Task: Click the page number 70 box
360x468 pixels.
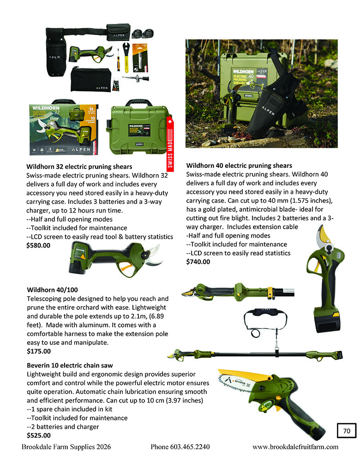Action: [347, 431]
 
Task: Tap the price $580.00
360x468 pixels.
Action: [39, 246]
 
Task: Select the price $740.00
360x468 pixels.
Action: [198, 262]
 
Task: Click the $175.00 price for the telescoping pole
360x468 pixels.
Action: [39, 351]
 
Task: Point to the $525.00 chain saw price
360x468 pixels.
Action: [39, 435]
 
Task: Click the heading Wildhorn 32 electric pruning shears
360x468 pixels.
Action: [79, 166]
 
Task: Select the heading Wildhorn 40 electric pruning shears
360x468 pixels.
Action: [239, 166]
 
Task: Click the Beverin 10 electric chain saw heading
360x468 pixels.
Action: [70, 365]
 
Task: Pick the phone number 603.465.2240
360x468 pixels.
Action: [180, 447]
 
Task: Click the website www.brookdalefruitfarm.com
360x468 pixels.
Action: [295, 447]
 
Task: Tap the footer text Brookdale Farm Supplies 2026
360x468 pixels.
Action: [66, 447]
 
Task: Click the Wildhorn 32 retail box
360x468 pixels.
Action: [63, 129]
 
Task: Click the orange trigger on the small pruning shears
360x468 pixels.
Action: [124, 266]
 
